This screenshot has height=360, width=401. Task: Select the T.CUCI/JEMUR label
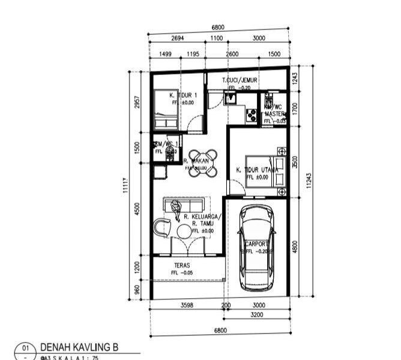coord(240,80)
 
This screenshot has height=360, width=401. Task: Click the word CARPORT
coord(256,244)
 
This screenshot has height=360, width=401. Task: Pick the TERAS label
coord(182,265)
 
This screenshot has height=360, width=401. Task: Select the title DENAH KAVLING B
coord(79,347)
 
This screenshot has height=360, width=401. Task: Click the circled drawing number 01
coord(25,348)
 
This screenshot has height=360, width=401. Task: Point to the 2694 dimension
coord(177,38)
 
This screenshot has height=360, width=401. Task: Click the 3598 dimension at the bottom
coord(187,305)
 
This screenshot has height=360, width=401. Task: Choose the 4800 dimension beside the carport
coord(295,247)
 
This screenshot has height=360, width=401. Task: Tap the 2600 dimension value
coord(232,54)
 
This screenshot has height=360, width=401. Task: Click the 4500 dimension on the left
coord(137,209)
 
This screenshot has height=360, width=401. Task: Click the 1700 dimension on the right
coord(295,108)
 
